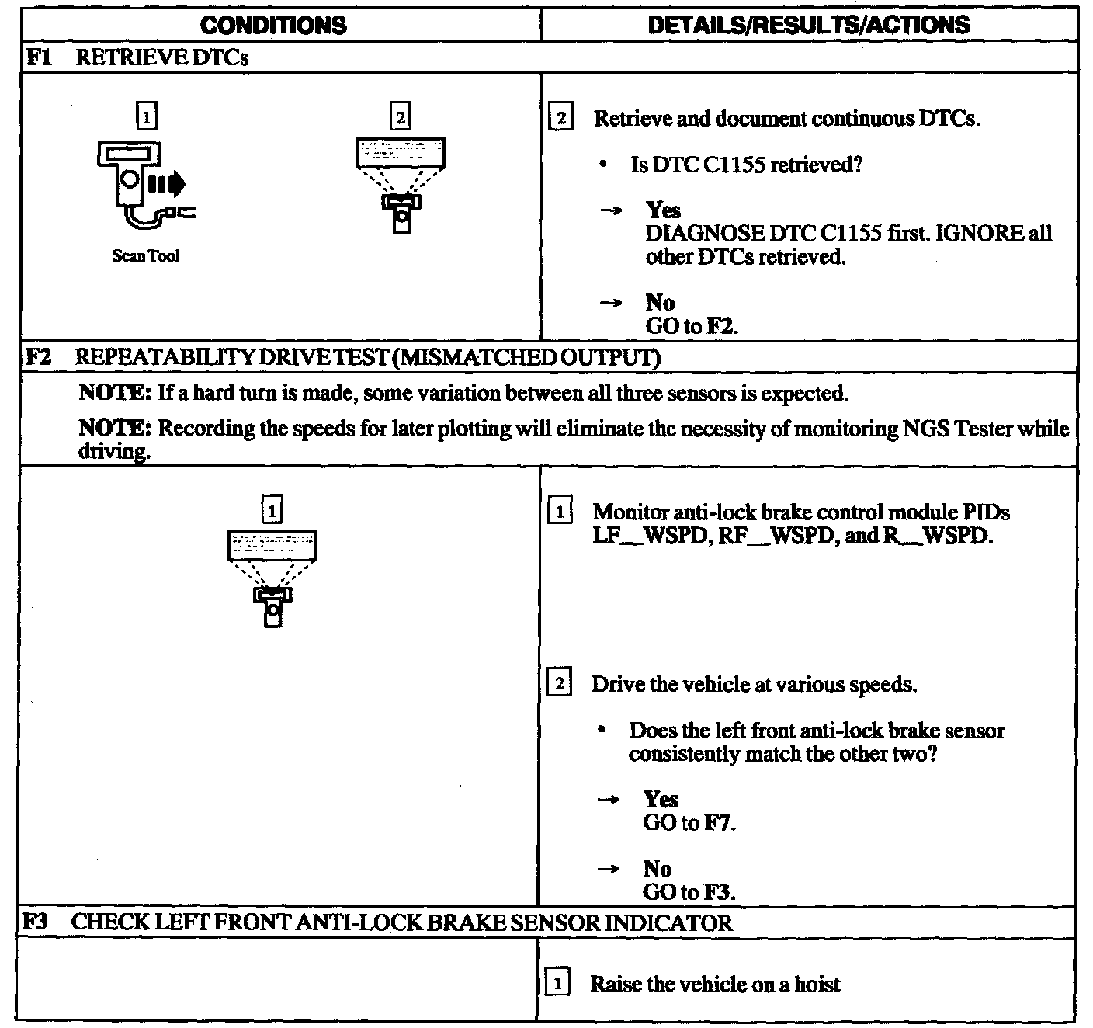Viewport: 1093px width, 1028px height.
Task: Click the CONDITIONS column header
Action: point(273,25)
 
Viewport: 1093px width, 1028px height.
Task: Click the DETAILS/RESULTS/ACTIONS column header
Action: point(808,25)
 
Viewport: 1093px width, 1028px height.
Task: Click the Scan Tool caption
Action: point(146,256)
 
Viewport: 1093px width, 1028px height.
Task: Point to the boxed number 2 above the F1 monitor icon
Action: point(401,117)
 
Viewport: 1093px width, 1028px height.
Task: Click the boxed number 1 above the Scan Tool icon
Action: point(146,117)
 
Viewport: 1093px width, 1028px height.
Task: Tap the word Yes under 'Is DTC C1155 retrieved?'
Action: point(663,210)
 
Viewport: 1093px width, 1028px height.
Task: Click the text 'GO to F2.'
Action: point(691,326)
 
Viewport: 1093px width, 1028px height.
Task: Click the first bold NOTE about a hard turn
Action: point(115,393)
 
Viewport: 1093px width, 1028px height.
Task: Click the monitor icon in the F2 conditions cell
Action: point(272,575)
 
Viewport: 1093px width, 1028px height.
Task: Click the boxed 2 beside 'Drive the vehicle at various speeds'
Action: point(559,684)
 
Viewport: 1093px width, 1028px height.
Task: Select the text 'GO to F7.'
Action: point(689,823)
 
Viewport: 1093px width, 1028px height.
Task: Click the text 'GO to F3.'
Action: point(689,891)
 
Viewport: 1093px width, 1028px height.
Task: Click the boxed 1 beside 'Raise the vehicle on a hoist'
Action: point(557,984)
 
